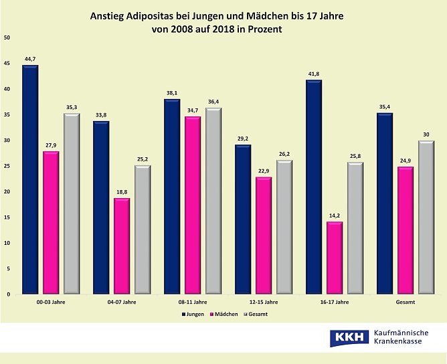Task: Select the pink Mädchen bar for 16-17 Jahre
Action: tap(335, 258)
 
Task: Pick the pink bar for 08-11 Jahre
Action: tap(193, 205)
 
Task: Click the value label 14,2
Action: tap(335, 215)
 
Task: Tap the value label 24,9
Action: tap(406, 161)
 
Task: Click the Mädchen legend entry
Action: tap(225, 313)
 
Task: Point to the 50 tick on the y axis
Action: tap(7, 37)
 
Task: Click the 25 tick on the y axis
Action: tap(7, 166)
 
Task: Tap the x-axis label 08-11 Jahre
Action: tap(193, 302)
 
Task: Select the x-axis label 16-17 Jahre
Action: tap(335, 302)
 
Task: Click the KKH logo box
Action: tap(349, 338)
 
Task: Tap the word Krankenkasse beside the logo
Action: tap(404, 343)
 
